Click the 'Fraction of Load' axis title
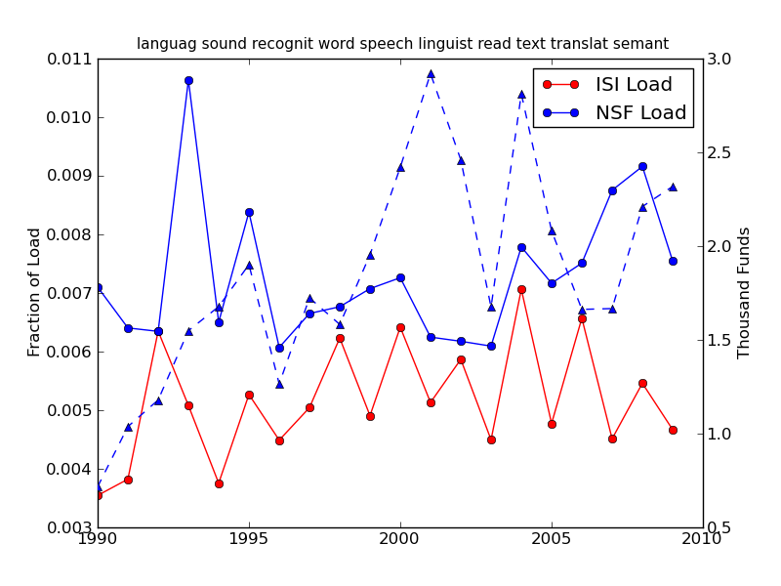tap(35, 292)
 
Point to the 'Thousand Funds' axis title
tap(745, 292)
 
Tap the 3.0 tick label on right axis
tap(719, 60)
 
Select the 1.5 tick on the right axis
tap(719, 340)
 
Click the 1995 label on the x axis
tap(249, 539)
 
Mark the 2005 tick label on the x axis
tap(552, 539)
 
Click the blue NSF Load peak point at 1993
tap(188, 80)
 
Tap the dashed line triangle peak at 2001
tap(431, 73)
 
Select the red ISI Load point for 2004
tap(521, 289)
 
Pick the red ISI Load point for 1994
tap(219, 483)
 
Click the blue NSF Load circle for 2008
tap(642, 166)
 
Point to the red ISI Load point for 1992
tap(158, 331)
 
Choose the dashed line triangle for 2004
tap(521, 94)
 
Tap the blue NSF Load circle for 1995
tap(249, 212)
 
